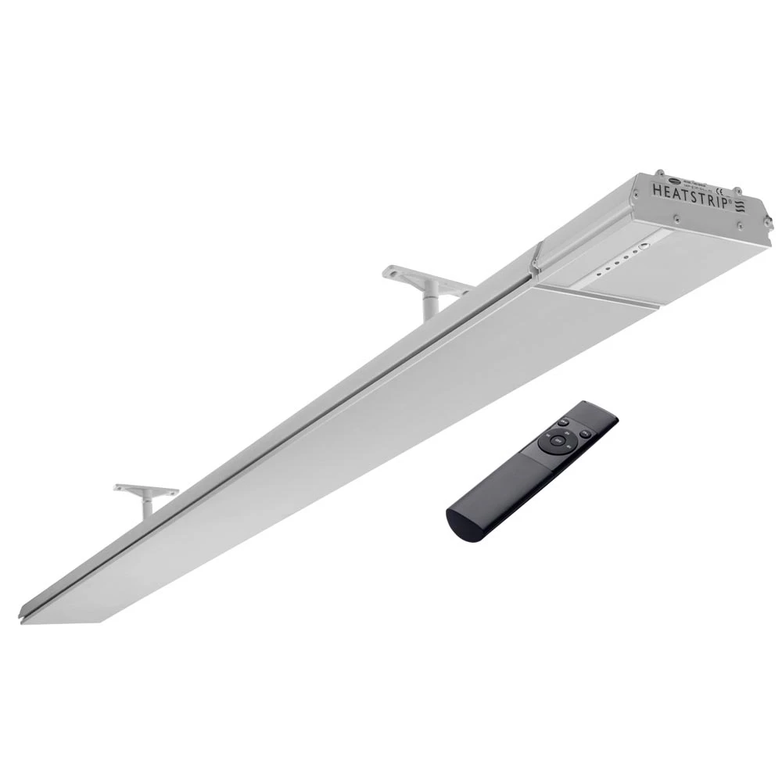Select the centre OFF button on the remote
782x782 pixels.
pos(557,440)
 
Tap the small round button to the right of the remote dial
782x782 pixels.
pos(586,432)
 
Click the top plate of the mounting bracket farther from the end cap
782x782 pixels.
pos(145,490)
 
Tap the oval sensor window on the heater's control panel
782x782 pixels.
pos(644,245)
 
